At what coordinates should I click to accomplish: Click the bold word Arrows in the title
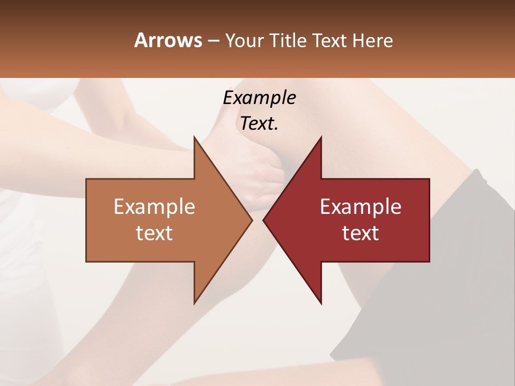point(167,40)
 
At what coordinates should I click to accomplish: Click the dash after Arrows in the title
point(213,41)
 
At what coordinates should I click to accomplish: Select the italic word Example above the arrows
point(259,98)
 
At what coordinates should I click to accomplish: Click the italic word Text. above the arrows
point(259,124)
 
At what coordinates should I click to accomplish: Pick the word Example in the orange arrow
point(154,207)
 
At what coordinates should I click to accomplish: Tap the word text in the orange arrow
point(154,233)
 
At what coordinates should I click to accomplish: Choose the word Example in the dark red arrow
point(360,207)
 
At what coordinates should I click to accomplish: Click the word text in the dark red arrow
point(360,233)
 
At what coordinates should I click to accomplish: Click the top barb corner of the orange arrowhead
point(195,137)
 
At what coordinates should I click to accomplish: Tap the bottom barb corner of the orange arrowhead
point(195,303)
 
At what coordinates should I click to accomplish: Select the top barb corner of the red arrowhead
point(321,137)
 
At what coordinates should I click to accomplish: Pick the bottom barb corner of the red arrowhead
point(321,303)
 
